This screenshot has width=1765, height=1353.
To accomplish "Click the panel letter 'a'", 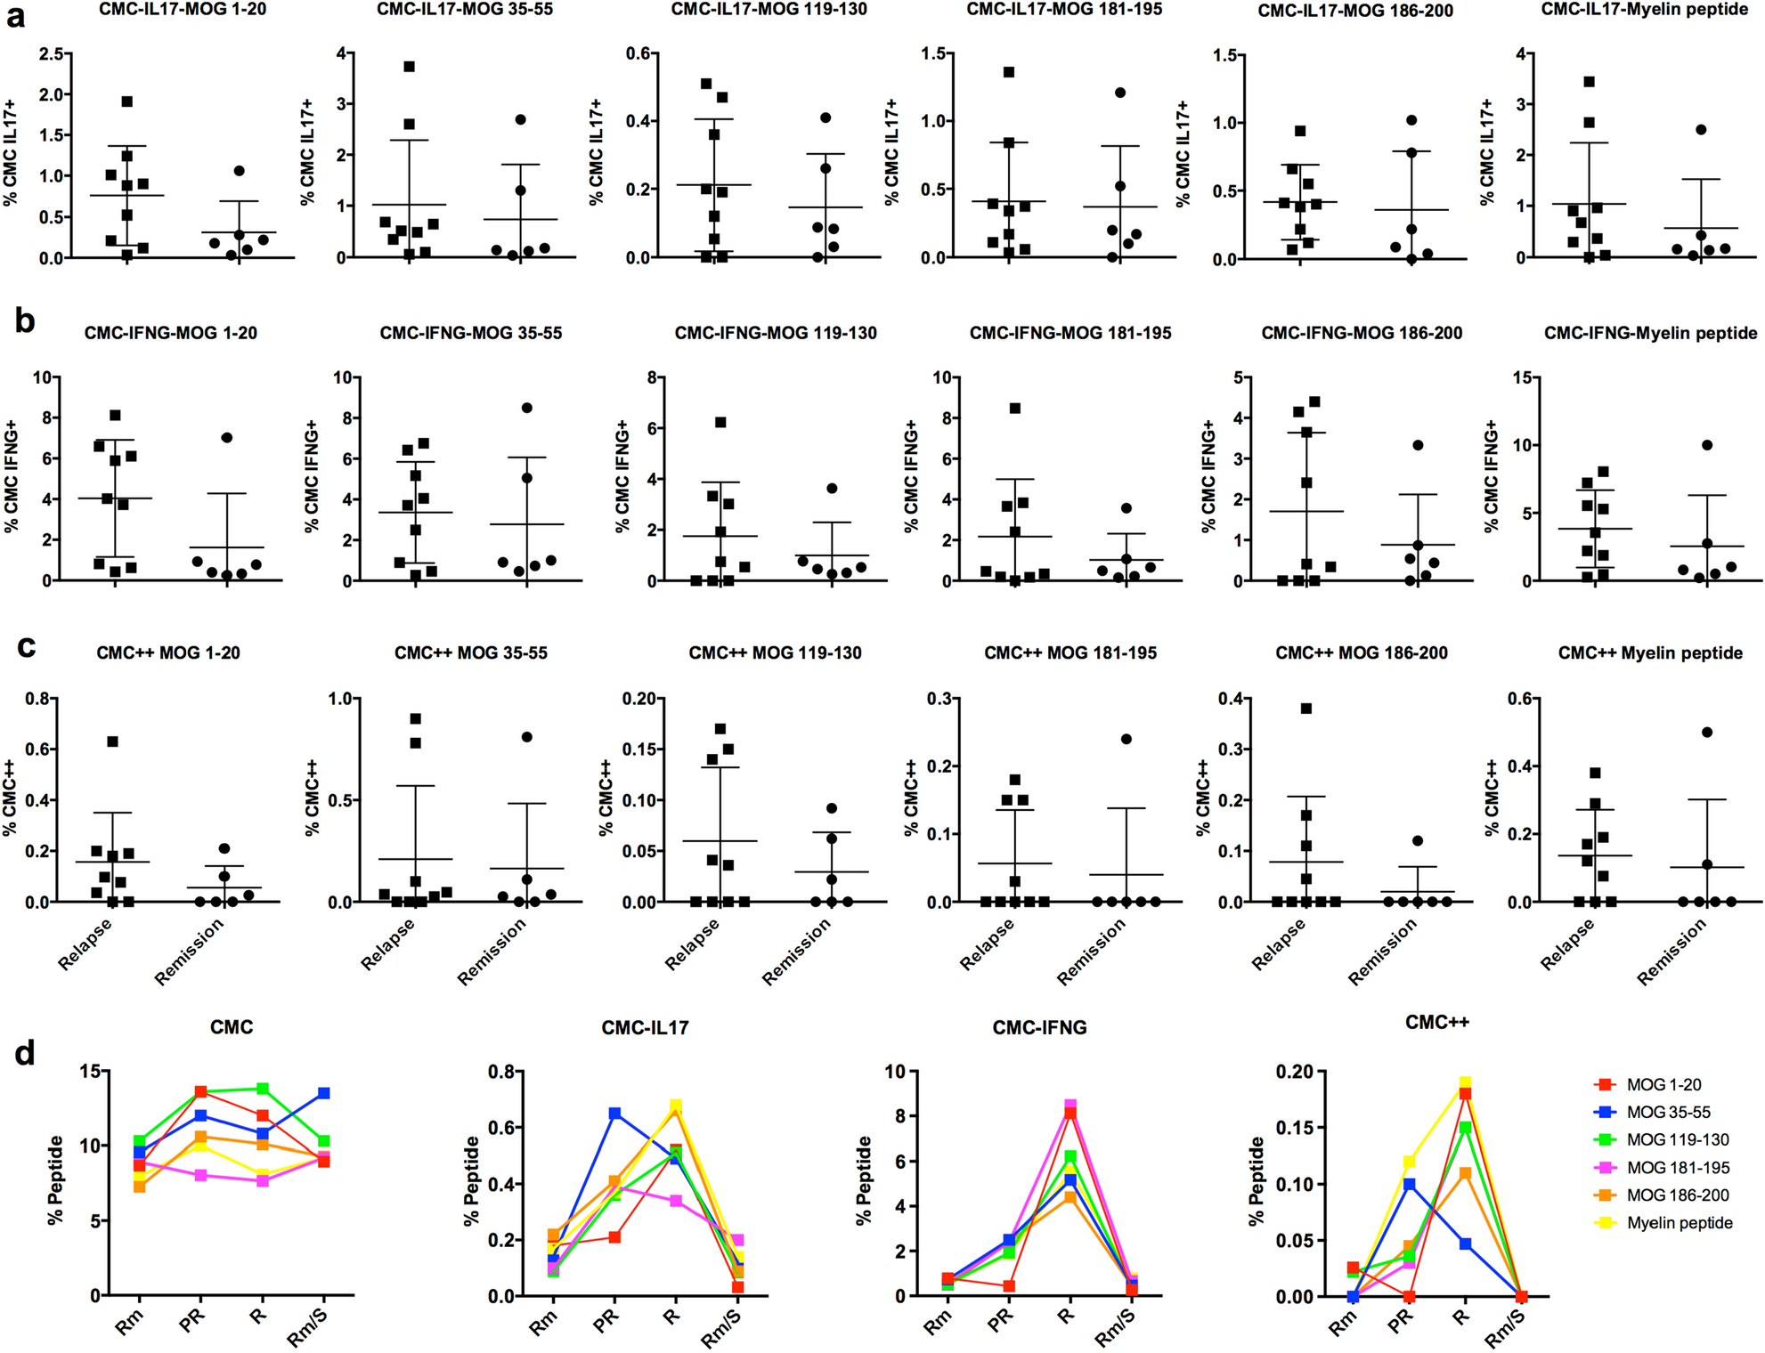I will tap(15, 15).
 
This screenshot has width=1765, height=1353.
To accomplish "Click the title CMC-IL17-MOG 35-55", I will tap(464, 10).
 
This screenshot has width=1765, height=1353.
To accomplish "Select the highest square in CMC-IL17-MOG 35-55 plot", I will tap(409, 67).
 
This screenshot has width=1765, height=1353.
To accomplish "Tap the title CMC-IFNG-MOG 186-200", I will tap(1362, 333).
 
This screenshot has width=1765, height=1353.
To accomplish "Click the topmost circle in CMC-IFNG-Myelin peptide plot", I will tap(1707, 445).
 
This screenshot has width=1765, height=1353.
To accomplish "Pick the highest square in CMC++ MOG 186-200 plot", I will tap(1306, 709).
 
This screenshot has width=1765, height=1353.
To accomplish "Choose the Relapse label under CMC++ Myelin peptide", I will tap(1566, 944).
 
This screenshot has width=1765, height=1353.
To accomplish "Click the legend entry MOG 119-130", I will tap(1678, 1139).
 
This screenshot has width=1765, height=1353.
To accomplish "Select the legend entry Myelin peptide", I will tap(1680, 1223).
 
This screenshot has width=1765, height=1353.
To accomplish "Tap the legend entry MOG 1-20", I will tap(1663, 1084).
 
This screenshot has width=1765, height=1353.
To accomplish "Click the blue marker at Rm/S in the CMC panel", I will tap(324, 1093).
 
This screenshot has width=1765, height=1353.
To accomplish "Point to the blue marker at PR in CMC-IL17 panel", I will tap(614, 1114).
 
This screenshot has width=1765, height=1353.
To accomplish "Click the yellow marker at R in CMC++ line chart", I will tap(1464, 1083).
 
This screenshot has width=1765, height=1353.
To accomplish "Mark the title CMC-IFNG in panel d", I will tap(1039, 1028).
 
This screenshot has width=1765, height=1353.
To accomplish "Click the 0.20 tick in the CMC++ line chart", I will tap(1294, 1072).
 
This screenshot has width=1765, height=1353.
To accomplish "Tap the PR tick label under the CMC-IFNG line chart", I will tap(1000, 1320).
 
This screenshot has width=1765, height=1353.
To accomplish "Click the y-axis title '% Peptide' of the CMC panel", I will tap(56, 1181).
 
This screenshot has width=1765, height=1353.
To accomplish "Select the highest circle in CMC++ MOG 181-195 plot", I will tap(1127, 739).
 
